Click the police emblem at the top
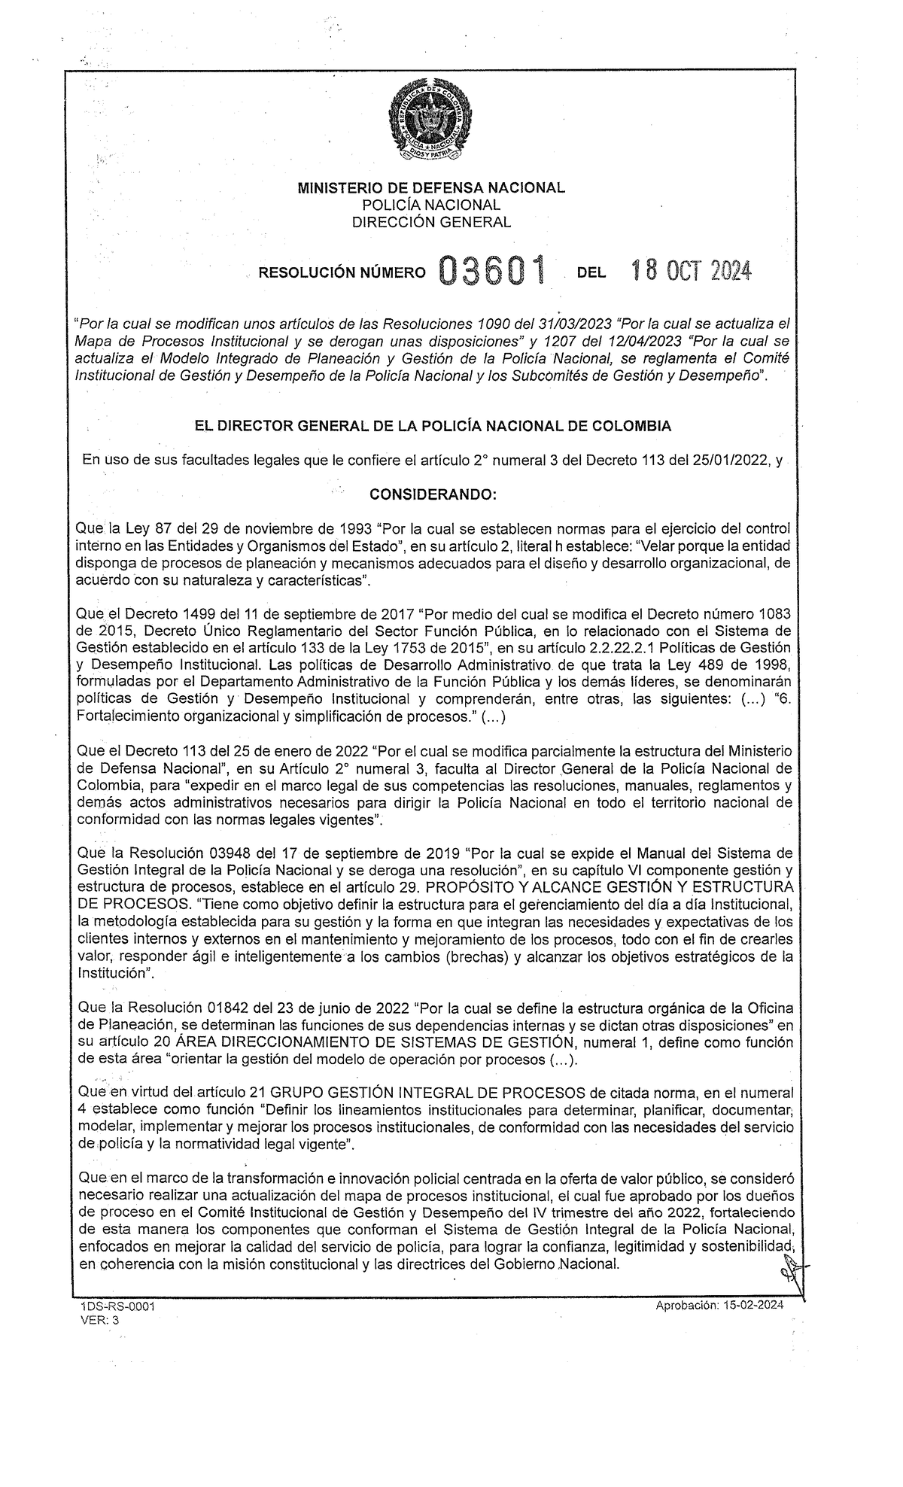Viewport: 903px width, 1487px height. (x=430, y=121)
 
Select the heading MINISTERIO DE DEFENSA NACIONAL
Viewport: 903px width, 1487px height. (x=430, y=188)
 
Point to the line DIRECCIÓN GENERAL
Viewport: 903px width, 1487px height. (x=430, y=222)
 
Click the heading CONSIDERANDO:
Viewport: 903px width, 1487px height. (x=430, y=494)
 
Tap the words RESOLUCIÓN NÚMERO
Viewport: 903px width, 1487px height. (x=342, y=274)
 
